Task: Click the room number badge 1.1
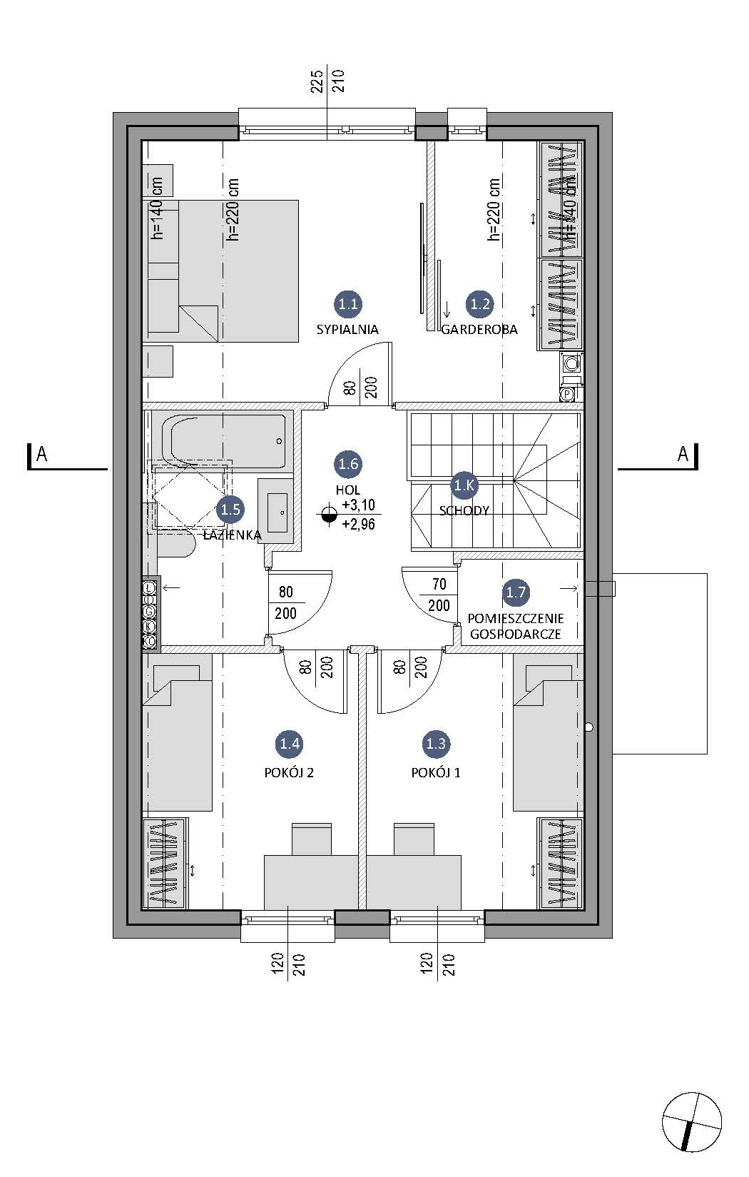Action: pyautogui.click(x=347, y=303)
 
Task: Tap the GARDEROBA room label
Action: pyautogui.click(x=479, y=329)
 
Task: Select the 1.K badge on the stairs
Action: pyautogui.click(x=464, y=486)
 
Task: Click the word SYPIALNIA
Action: pyautogui.click(x=347, y=329)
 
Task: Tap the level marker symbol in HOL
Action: pyautogui.click(x=328, y=515)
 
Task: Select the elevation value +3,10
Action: pyautogui.click(x=358, y=505)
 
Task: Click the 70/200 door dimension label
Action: pyautogui.click(x=439, y=595)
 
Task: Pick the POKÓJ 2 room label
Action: pyautogui.click(x=289, y=772)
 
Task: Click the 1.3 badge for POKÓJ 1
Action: pyautogui.click(x=435, y=744)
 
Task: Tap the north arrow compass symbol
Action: pyautogui.click(x=691, y=1122)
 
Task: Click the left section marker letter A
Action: pyautogui.click(x=42, y=453)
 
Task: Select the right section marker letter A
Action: pyautogui.click(x=683, y=453)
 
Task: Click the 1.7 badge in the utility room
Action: pyautogui.click(x=516, y=592)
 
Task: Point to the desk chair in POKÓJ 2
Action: pyautogui.click(x=312, y=838)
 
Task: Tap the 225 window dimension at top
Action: pyautogui.click(x=317, y=81)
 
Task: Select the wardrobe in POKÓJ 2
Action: pyautogui.click(x=165, y=862)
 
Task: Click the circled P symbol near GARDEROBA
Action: pyautogui.click(x=568, y=394)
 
